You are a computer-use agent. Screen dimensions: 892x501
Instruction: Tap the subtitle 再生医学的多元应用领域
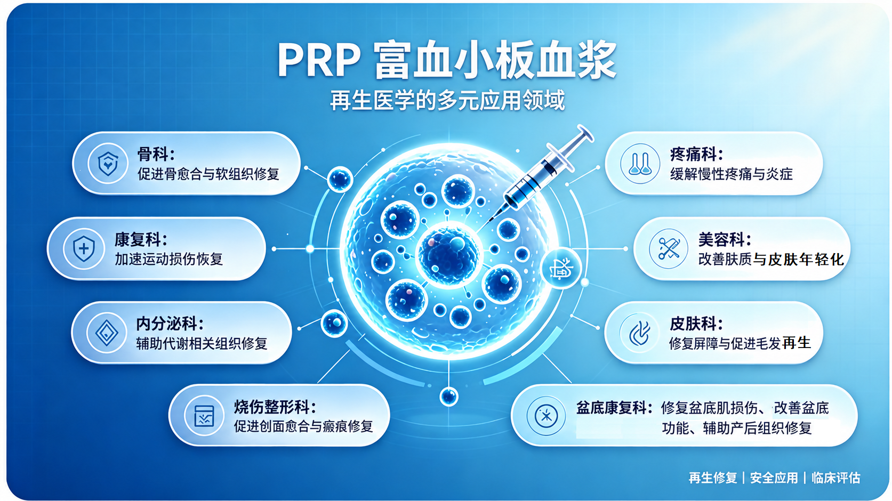pos(447,100)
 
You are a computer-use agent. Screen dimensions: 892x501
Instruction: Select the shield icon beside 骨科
pos(108,164)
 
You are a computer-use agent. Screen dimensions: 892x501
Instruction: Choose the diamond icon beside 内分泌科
pos(106,333)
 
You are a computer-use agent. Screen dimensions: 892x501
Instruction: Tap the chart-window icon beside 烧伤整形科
pos(204,416)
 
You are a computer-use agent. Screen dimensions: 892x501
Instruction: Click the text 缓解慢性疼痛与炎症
pos(731,174)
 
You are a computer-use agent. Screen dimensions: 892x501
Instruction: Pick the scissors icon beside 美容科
pos(668,249)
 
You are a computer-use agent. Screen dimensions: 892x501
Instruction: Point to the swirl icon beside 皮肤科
pos(639,333)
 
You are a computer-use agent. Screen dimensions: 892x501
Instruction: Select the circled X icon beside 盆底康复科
pos(546,416)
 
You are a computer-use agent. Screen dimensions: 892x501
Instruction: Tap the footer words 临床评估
pos(835,478)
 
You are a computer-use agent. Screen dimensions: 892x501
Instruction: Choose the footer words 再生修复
pos(713,478)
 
